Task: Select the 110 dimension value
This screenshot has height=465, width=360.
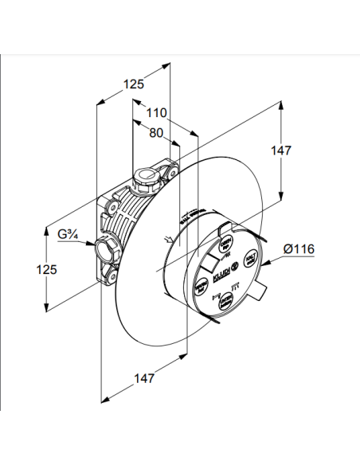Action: pyautogui.click(x=156, y=113)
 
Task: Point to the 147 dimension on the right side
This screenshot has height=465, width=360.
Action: pyautogui.click(x=303, y=150)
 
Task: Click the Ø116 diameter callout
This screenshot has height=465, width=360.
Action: pyautogui.click(x=300, y=249)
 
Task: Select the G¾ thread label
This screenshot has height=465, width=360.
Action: pyautogui.click(x=69, y=234)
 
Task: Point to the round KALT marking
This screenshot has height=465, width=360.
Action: pyautogui.click(x=249, y=259)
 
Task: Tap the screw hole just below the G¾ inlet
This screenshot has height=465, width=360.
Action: pyautogui.click(x=108, y=277)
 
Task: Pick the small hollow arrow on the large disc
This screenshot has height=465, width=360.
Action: pyautogui.click(x=166, y=239)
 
